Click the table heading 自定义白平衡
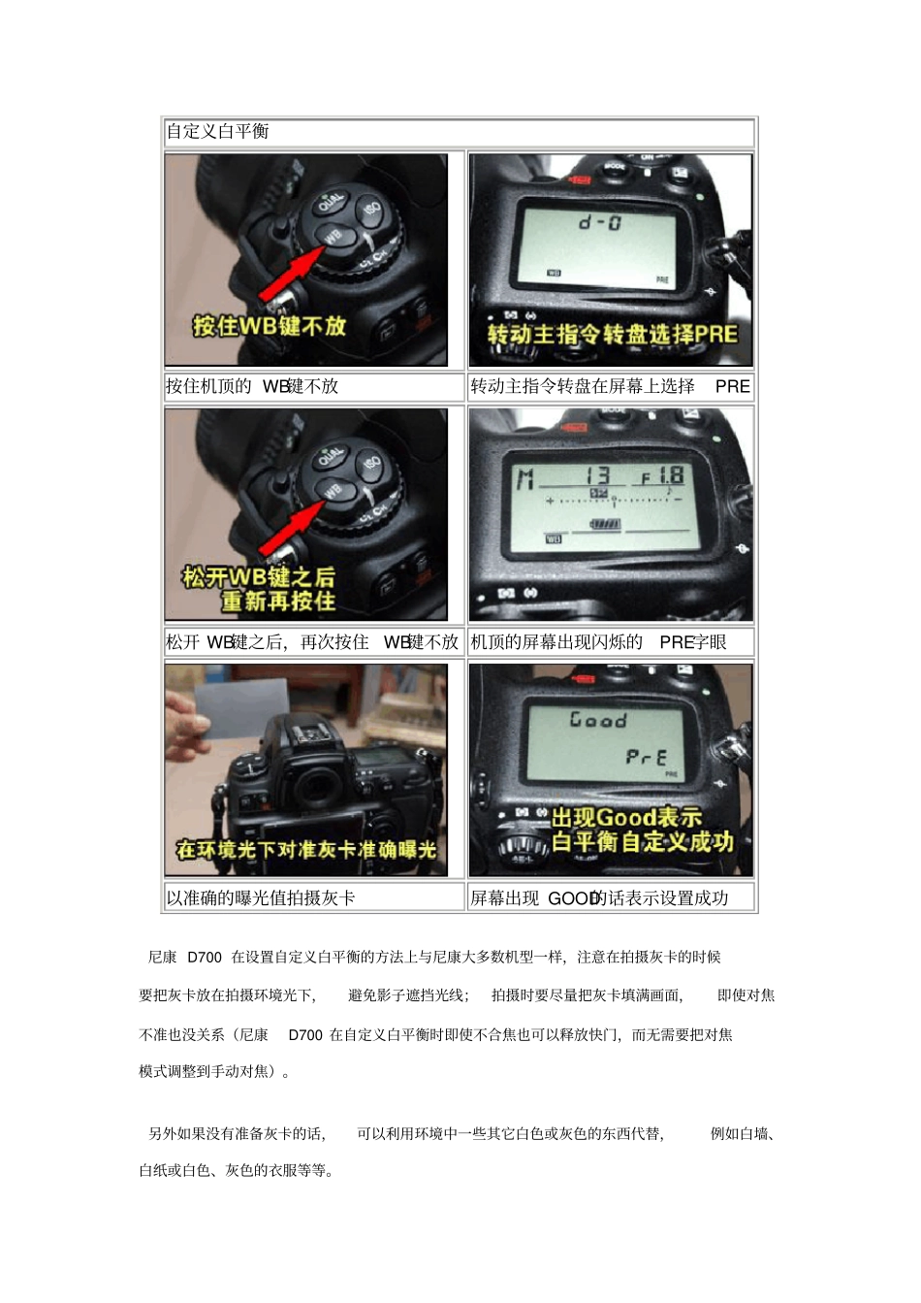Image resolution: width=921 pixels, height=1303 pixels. [217, 131]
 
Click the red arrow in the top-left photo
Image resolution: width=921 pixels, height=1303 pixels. [292, 275]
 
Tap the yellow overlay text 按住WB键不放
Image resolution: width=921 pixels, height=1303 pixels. [269, 325]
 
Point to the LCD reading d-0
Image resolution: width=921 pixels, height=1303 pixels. [601, 222]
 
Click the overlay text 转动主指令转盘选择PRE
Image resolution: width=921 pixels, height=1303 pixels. [612, 335]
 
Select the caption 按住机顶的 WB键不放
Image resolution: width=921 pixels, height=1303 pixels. [252, 386]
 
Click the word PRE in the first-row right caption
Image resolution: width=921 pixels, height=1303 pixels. [732, 386]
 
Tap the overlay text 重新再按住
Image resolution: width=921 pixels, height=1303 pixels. [278, 602]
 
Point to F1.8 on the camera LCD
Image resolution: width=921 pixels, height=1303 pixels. [661, 476]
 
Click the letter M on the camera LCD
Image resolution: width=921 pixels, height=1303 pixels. [524, 478]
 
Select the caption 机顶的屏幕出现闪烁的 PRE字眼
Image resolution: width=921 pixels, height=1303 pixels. [598, 642]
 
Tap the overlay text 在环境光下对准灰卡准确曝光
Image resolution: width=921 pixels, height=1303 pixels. [305, 850]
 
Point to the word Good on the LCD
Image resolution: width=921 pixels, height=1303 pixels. [598, 720]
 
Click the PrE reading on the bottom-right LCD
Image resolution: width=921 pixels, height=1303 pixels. [646, 757]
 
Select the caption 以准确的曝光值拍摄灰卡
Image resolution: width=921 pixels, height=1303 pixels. [261, 898]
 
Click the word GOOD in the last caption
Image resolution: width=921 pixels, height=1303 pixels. [571, 898]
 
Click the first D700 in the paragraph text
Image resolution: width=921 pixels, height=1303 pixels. [204, 958]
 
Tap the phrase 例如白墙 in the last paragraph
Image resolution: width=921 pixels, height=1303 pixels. [742, 1133]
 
